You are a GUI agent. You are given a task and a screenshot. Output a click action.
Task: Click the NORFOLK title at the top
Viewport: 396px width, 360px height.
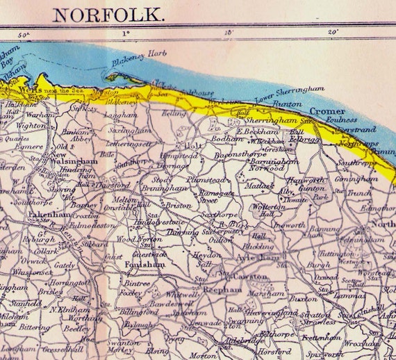coord(110,13)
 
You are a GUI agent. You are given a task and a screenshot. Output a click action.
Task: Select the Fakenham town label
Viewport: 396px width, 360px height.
coord(50,215)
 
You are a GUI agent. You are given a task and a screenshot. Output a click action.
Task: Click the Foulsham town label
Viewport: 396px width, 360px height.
coord(145,265)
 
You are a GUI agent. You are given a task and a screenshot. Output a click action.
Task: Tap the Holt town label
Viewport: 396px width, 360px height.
coord(186,146)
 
